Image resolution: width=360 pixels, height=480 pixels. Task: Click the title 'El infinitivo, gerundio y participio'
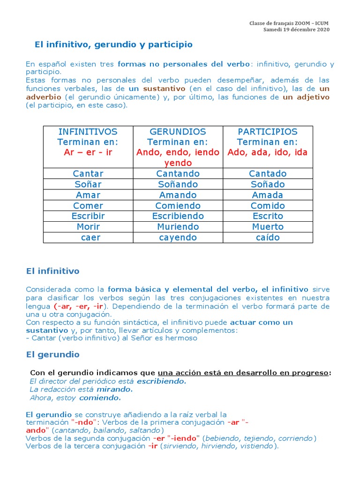click(114, 45)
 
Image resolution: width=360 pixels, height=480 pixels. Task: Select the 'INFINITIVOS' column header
click(88, 132)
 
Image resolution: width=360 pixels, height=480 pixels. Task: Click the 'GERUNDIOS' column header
click(178, 132)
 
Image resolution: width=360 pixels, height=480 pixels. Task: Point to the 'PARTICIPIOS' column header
click(268, 132)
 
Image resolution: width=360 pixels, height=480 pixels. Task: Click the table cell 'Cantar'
click(88, 173)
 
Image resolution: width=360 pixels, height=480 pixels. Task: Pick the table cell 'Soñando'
click(178, 184)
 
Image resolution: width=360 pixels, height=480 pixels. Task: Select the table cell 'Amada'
click(268, 195)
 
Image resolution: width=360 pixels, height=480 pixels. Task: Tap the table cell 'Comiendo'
click(178, 206)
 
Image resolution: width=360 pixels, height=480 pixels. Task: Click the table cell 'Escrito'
click(268, 216)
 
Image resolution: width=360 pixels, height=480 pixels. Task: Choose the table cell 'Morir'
click(88, 227)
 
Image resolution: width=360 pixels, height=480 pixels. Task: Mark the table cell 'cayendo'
click(178, 238)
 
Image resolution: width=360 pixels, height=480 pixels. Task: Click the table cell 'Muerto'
click(268, 227)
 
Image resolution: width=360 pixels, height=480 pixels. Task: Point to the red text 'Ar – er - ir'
click(88, 152)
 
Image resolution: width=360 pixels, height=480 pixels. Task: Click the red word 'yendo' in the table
click(178, 163)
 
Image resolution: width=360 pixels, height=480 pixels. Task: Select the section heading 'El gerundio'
click(53, 354)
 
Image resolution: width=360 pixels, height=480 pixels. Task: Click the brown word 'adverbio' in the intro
click(44, 97)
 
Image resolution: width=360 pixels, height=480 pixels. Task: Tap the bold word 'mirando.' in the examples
click(114, 390)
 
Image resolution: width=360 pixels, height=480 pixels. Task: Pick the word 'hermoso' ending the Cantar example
click(183, 338)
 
